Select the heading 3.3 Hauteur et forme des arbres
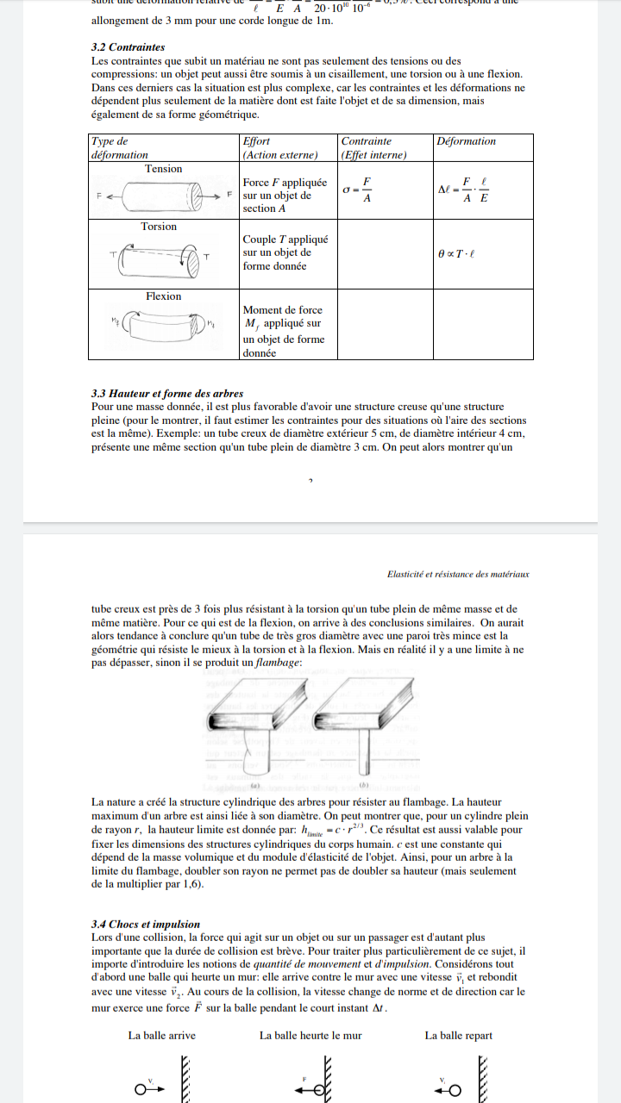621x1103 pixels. (x=167, y=393)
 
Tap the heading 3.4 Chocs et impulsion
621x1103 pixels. (x=145, y=925)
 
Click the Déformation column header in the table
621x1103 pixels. (x=467, y=141)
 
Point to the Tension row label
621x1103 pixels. (x=163, y=169)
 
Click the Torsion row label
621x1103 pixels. (x=159, y=227)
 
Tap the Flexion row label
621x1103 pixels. (x=163, y=296)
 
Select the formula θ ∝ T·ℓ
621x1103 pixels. (x=457, y=255)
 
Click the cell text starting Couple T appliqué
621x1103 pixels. (x=285, y=252)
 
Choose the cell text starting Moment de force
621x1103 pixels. (x=284, y=331)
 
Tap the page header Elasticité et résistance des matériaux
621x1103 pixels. (x=458, y=574)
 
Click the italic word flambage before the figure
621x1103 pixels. (x=278, y=663)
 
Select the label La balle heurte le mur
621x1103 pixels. (x=310, y=1035)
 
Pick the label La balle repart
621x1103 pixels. (x=458, y=1035)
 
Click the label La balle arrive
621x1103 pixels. (x=162, y=1035)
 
